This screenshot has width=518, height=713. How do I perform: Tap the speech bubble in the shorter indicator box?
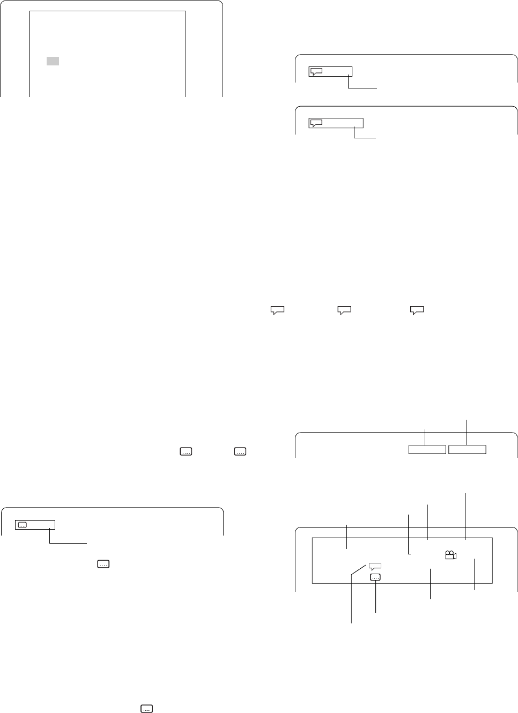pos(316,71)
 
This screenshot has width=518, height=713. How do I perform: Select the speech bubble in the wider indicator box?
pos(316,123)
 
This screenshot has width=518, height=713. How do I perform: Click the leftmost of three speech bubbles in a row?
pos(277,309)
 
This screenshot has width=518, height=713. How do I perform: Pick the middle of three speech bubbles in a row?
pos(344,309)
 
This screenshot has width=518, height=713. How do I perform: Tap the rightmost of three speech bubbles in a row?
pos(417,309)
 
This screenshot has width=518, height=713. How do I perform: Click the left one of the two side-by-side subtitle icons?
pos(186,452)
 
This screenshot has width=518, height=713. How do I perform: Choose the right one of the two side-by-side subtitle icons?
pos(240,452)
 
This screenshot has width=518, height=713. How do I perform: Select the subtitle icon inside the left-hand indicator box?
pos(23,525)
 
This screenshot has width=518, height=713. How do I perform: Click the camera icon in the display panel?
pos(450,555)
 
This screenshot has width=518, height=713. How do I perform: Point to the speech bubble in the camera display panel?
pos(375,566)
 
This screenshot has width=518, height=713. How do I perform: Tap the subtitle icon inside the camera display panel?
pos(375,577)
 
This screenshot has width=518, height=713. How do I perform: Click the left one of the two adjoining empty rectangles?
pos(427,449)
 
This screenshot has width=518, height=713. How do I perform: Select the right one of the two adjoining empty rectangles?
pos(467,449)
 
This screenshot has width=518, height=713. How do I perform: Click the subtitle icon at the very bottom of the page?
pos(146,709)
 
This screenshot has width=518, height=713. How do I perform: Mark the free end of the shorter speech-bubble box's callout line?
pos(377,88)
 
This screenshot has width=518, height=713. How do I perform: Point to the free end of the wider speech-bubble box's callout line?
pos(377,139)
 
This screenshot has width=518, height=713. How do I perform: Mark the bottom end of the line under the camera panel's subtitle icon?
pos(375,612)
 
